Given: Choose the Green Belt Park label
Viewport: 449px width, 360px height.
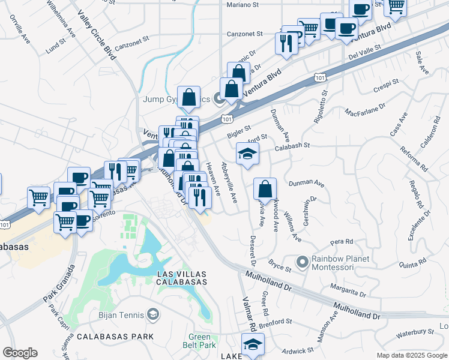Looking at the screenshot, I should (200, 341).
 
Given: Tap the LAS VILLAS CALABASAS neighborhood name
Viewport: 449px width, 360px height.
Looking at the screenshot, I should (181, 277).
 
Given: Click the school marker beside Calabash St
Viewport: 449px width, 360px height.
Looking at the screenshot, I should (247, 154).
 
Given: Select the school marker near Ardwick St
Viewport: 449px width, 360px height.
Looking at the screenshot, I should (253, 345).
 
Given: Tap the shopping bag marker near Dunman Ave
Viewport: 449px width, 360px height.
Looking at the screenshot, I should (265, 189).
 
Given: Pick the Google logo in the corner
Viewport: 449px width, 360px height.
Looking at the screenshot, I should (20, 353).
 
